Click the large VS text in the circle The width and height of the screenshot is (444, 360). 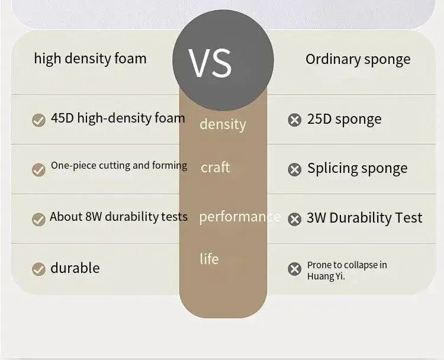(x=210, y=63)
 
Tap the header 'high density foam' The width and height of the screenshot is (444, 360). (x=91, y=59)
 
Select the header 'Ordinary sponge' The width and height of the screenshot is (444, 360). (x=358, y=59)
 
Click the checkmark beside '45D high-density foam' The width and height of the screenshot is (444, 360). (x=38, y=120)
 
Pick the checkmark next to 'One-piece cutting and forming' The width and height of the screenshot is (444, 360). (x=38, y=170)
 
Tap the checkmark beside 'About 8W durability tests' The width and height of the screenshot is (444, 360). (x=38, y=220)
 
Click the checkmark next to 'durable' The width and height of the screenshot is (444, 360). (x=38, y=269)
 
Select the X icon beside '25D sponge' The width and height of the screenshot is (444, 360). (x=294, y=120)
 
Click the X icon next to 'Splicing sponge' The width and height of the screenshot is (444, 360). (x=294, y=170)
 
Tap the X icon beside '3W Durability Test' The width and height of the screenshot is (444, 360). (x=294, y=219)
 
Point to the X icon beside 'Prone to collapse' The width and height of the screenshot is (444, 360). (x=294, y=269)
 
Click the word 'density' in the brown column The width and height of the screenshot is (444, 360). (x=223, y=124)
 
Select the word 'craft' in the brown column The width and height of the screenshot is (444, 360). (x=215, y=167)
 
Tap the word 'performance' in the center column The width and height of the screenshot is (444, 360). (x=240, y=217)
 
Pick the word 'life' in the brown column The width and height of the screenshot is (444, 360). (x=209, y=259)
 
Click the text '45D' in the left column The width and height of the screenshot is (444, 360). (x=62, y=118)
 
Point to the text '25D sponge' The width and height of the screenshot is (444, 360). (x=345, y=119)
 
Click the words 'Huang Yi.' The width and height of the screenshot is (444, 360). (x=326, y=276)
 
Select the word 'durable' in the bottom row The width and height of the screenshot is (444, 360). (x=75, y=268)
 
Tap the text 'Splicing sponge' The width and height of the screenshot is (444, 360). (x=358, y=169)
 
